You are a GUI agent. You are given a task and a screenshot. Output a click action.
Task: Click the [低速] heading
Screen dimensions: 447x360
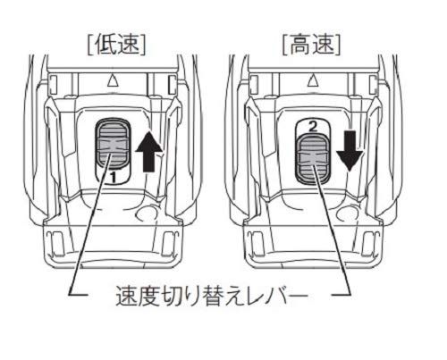116,46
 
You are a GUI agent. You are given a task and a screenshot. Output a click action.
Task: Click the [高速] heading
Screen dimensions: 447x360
311,46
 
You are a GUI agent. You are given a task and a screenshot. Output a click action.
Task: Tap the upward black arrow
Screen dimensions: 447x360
149,152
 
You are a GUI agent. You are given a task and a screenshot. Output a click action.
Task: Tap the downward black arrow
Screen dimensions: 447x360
350,150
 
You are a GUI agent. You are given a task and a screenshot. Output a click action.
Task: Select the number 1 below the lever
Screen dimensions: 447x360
113,178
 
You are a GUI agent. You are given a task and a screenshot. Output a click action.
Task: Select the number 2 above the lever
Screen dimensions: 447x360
313,128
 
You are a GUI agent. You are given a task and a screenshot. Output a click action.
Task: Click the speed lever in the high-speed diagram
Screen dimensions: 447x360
313,158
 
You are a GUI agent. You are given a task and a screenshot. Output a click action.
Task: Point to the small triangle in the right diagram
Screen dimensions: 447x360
312,80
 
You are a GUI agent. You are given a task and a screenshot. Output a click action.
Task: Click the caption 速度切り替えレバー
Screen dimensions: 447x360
211,297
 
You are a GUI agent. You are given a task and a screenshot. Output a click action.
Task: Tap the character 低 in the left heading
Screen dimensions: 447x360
105,46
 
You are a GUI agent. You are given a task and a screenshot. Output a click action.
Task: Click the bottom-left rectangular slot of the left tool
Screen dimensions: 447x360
56,243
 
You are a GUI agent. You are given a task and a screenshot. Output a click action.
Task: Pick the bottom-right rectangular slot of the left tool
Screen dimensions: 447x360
169,243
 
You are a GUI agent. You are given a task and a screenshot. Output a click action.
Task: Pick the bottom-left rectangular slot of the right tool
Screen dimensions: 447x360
257,243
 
